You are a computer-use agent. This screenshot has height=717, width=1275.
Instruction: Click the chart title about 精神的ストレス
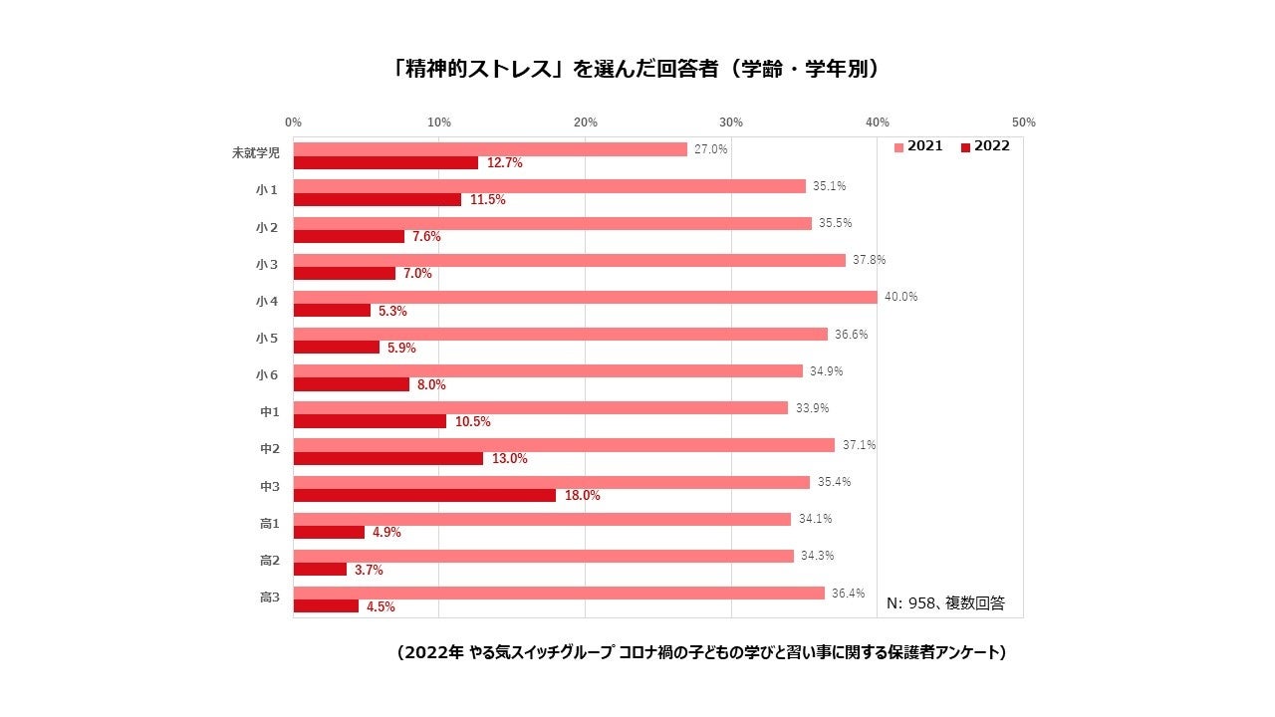[637, 70]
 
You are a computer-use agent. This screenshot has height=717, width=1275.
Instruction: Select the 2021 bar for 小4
[585, 297]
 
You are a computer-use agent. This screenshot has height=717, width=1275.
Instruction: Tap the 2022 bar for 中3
[424, 495]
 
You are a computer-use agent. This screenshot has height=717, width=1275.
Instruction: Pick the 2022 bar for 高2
[320, 570]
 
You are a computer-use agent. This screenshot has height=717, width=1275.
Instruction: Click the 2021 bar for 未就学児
[490, 149]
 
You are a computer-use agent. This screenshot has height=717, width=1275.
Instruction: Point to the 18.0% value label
[583, 495]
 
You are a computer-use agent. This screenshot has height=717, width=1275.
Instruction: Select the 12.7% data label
[505, 163]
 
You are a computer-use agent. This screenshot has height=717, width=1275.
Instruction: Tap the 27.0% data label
[711, 149]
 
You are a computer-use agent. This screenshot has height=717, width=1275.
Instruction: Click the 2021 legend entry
[917, 146]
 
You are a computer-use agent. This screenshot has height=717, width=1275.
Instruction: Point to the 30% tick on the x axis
[731, 122]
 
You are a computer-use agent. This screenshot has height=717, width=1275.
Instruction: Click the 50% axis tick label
[1023, 122]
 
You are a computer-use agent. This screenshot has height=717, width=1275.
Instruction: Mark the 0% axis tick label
[293, 122]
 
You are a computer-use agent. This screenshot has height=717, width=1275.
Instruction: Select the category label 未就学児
[255, 153]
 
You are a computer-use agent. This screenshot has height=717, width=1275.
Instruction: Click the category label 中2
[269, 449]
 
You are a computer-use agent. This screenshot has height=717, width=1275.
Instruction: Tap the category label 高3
[269, 597]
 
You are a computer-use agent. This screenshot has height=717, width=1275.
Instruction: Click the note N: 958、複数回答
[945, 602]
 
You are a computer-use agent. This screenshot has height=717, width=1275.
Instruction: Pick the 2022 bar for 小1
[378, 200]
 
